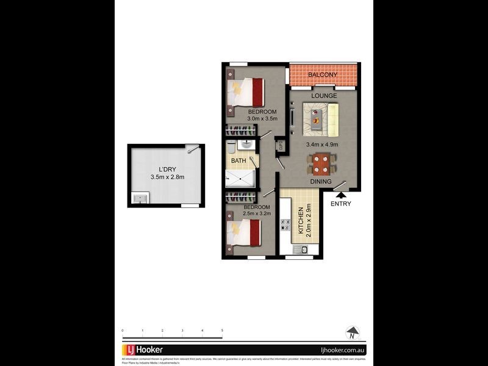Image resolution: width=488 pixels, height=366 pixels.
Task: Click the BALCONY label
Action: (323, 75)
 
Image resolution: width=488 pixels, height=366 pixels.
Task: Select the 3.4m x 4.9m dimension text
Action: (322, 145)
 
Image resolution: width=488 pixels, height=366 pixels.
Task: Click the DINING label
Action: (320, 182)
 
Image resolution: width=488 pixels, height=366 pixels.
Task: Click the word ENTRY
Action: (340, 204)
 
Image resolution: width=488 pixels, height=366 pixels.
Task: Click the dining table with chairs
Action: (321, 163)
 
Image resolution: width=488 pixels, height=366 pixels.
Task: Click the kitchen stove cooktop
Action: (285, 224)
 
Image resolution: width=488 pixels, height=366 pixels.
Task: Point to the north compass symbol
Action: (352, 333)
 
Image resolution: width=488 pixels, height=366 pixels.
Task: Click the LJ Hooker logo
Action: (142, 350)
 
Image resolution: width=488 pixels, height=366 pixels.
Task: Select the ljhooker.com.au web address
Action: (342, 350)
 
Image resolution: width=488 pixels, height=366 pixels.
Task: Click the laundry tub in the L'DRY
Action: (140, 198)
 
